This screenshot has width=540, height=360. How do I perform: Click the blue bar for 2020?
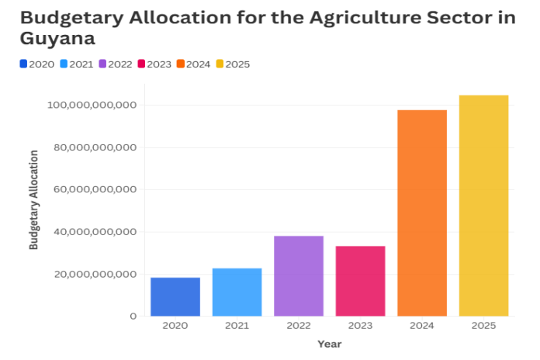pos(175,296)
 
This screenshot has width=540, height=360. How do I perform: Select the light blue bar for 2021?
pos(237,292)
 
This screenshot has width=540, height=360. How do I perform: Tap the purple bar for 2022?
pos(299,275)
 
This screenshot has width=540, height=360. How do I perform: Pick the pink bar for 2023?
pos(360,281)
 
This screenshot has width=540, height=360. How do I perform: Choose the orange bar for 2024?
pos(422,213)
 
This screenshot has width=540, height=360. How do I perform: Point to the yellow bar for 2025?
pos(483,206)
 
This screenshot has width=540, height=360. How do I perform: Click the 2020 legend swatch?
pos(24,64)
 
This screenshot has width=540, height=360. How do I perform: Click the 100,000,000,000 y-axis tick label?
pos(92,105)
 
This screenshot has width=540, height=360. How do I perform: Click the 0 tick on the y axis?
pos(133,317)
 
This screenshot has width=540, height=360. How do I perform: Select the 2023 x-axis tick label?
pos(360,327)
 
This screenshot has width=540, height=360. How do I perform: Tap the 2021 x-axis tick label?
pos(237,327)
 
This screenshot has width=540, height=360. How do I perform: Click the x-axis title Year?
pos(329,344)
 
